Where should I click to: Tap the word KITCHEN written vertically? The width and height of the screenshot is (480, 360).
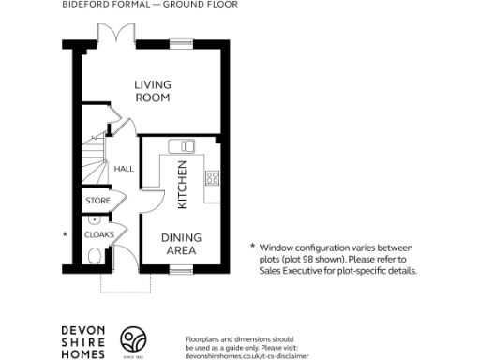tap(183, 184)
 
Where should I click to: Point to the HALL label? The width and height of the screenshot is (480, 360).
tap(123, 170)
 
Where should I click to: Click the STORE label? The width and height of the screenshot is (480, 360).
tap(98, 201)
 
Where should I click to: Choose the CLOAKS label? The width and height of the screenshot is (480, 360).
tap(98, 234)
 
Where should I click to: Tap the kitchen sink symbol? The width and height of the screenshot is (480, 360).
tap(179, 145)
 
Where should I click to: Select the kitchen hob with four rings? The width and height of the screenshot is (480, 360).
tap(213, 177)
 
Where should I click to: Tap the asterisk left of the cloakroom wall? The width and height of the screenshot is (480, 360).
tap(65, 233)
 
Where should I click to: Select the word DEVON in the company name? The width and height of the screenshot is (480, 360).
tap(82, 329)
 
